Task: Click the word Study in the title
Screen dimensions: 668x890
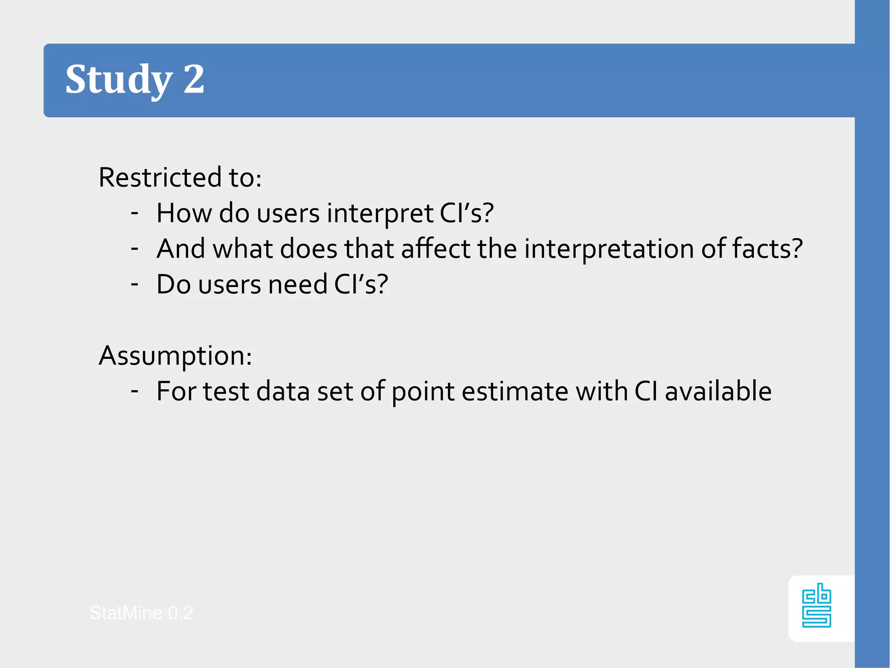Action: point(119,80)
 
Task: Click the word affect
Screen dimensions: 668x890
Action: point(435,249)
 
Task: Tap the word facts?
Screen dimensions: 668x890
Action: point(767,249)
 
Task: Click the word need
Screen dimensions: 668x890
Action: point(297,284)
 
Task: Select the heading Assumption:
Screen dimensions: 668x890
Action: point(175,356)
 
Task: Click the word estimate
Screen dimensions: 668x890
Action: point(515,391)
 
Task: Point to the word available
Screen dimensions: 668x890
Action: point(718,391)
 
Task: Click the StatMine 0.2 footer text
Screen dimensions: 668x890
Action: point(141,613)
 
